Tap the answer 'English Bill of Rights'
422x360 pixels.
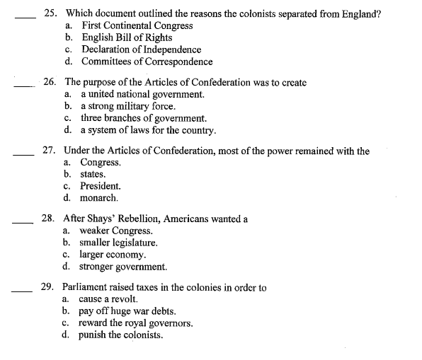click(127, 37)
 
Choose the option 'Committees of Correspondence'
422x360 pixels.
click(147, 62)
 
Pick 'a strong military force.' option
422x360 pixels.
click(123, 106)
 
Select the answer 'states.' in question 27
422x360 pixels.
click(93, 175)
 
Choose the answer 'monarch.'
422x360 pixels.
click(98, 199)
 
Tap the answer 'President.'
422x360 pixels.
click(101, 187)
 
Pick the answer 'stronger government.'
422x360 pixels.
click(123, 267)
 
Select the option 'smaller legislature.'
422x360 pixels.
click(118, 243)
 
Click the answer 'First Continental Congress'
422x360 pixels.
click(137, 25)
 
